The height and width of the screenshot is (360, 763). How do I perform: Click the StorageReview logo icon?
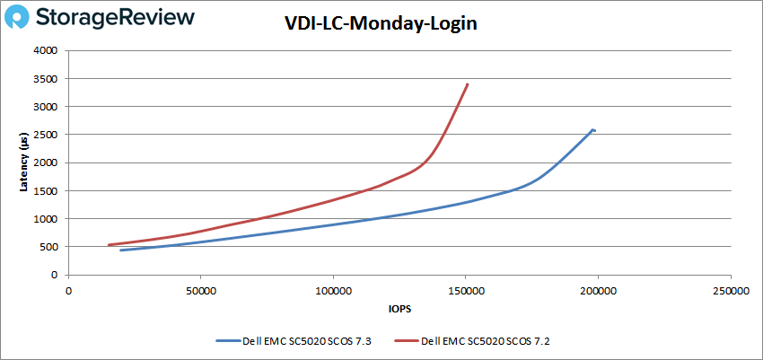click(x=22, y=17)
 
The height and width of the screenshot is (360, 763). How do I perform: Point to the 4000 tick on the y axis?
click(x=47, y=51)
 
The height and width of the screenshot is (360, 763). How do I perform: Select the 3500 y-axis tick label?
click(x=47, y=79)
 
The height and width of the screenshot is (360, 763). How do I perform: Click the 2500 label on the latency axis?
click(x=47, y=135)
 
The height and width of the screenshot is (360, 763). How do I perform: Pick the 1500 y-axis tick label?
click(x=47, y=191)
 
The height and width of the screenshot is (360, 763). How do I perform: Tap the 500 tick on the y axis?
click(x=49, y=247)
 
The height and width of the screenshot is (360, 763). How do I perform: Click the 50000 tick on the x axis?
click(x=200, y=291)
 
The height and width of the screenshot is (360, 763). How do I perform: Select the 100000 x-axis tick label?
click(x=333, y=291)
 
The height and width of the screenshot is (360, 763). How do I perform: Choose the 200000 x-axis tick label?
click(x=598, y=291)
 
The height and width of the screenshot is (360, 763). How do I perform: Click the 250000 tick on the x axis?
click(x=730, y=291)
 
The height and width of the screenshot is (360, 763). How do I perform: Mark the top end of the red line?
click(x=468, y=84)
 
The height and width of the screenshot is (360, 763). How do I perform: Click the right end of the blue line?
click(x=594, y=131)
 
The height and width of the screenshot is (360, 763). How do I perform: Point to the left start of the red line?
click(x=109, y=245)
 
